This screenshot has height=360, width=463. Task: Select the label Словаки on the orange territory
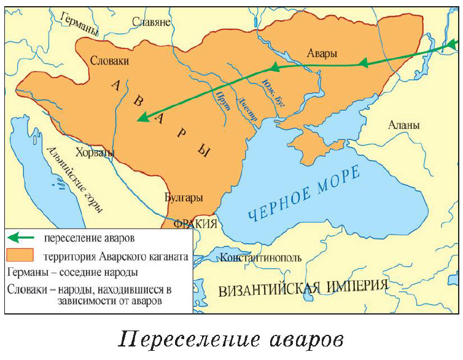click(x=110, y=61)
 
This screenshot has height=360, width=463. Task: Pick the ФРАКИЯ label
click(x=195, y=223)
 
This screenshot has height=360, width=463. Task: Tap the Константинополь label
click(x=261, y=257)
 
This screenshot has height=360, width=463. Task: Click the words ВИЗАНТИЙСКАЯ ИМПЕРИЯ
click(x=303, y=287)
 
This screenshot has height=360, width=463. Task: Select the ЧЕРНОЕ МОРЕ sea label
click(x=303, y=194)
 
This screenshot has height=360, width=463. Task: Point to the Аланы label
click(x=404, y=125)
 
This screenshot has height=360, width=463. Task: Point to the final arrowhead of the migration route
click(x=142, y=117)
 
